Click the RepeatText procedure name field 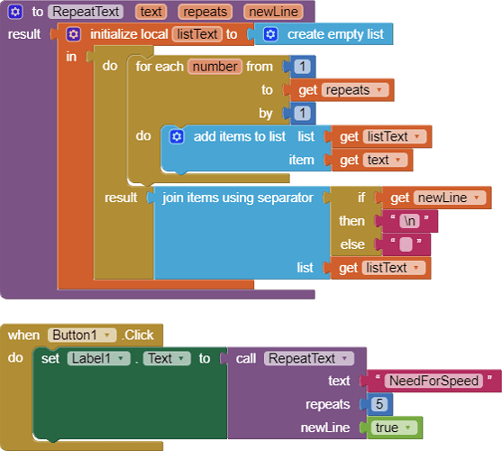coord(86,12)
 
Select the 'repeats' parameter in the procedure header coord(205,12)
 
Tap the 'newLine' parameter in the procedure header coord(273,12)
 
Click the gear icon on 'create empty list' coord(270,34)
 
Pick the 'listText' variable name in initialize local coord(196,34)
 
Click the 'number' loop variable coord(214,67)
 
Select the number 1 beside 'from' coord(302,67)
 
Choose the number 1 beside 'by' coord(302,113)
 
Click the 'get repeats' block coord(342,90)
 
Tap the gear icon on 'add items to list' coord(177,136)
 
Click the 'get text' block coord(371,160)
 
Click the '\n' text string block coord(409,221)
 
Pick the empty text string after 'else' coord(406,244)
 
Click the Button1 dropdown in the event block coord(82,335)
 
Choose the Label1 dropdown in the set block coord(99,358)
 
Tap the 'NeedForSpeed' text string coord(434,381)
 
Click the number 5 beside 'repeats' coord(379,404)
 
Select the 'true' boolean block coord(394,428)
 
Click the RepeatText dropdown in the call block coord(309,358)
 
